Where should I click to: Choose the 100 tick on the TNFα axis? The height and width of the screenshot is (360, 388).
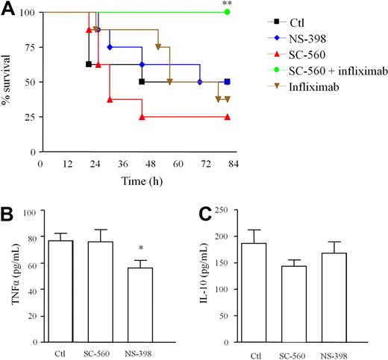pyautogui.click(x=28, y=212)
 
